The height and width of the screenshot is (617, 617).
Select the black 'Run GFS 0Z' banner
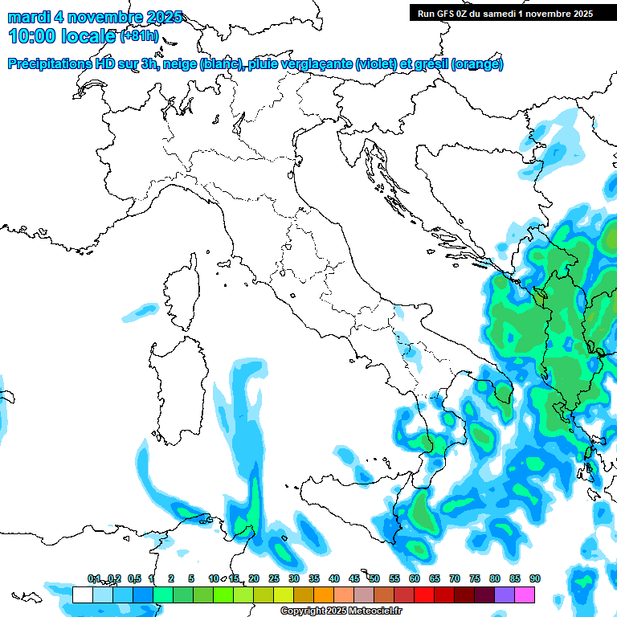[x=504, y=13]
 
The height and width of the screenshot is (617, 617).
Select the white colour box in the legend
[x=82, y=595]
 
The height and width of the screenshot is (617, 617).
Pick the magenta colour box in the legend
[x=525, y=595]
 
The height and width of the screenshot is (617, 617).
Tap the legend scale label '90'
[x=534, y=578]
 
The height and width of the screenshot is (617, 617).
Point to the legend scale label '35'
[x=313, y=578]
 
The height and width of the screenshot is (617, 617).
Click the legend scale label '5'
[x=191, y=578]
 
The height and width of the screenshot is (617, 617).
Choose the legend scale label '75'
[x=474, y=578]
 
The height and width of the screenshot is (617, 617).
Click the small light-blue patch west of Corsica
[x=145, y=308]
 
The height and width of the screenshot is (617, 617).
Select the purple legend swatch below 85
[x=505, y=595]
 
